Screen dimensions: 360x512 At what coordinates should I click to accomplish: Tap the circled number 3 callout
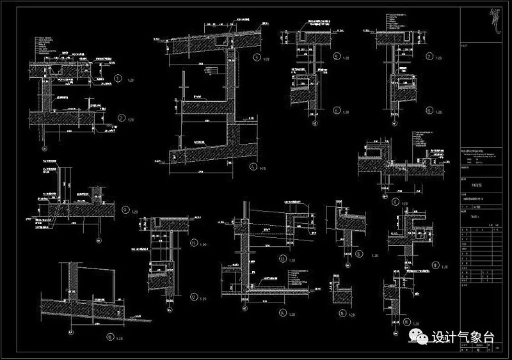pos(256,58)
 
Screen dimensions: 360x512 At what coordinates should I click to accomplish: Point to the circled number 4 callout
pos(253,168)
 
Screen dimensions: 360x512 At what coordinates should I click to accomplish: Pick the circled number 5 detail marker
pos(337,57)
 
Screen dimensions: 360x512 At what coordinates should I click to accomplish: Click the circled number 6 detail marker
pos(337,111)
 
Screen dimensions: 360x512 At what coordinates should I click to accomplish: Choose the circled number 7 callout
pos(429,57)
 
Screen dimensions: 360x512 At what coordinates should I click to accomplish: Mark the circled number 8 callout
pos(429,110)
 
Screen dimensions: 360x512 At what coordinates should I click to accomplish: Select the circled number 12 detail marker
pos(195,297)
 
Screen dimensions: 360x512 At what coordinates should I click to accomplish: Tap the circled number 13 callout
pos(282,259)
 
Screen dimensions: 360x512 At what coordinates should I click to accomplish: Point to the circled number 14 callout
pos(282,313)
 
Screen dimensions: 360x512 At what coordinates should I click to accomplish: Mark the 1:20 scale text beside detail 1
pos(131,81)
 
